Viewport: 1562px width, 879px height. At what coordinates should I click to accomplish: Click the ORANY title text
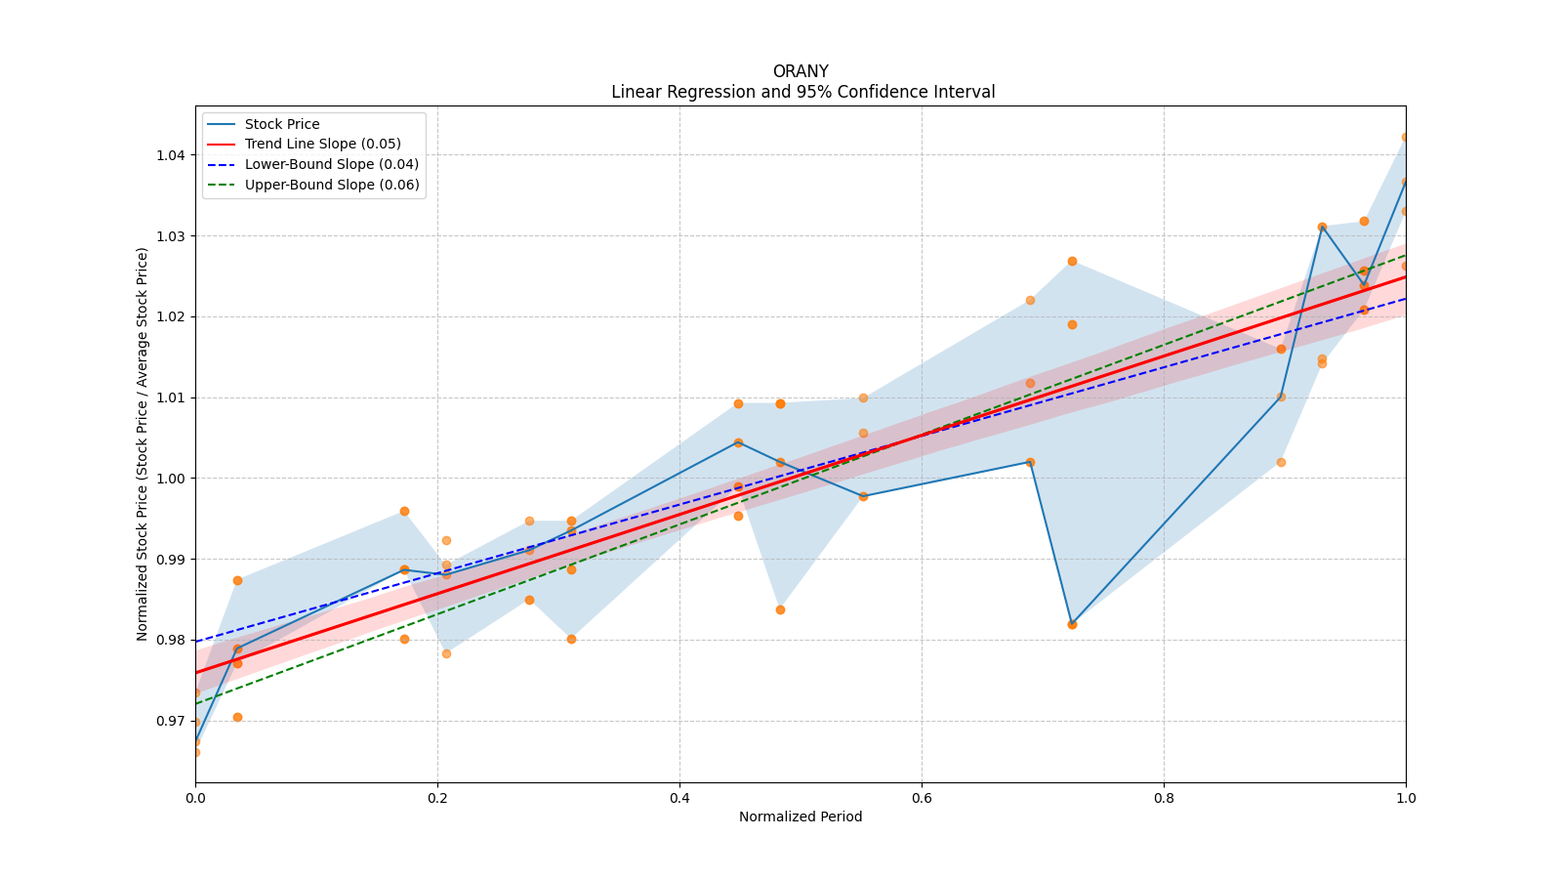(800, 71)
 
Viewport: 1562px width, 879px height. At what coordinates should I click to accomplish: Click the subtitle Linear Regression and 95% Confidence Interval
(802, 92)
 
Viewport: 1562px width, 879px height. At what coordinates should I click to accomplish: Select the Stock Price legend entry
(282, 124)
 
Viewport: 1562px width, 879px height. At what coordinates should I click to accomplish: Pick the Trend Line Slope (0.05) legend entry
(322, 145)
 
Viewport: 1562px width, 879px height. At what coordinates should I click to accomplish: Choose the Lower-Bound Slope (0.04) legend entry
(331, 164)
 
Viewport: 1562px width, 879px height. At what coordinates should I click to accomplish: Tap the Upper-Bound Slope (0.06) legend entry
(332, 185)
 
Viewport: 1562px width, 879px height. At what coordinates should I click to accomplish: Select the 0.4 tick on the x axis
(679, 798)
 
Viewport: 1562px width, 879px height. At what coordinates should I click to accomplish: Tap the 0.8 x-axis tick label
(1164, 798)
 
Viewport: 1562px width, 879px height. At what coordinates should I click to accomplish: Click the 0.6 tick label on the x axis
(922, 798)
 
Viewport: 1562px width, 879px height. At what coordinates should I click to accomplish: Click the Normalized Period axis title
(801, 816)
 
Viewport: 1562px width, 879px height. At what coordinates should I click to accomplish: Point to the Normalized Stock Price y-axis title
(143, 444)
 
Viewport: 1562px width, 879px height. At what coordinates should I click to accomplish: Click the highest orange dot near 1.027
(1072, 261)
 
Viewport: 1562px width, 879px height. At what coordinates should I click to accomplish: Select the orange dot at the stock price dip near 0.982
(1072, 624)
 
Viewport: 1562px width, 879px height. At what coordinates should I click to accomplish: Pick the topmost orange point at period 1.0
(1405, 138)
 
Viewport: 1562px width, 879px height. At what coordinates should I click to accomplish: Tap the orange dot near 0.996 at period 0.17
(404, 511)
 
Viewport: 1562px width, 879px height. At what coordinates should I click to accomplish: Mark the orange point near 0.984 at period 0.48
(780, 609)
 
